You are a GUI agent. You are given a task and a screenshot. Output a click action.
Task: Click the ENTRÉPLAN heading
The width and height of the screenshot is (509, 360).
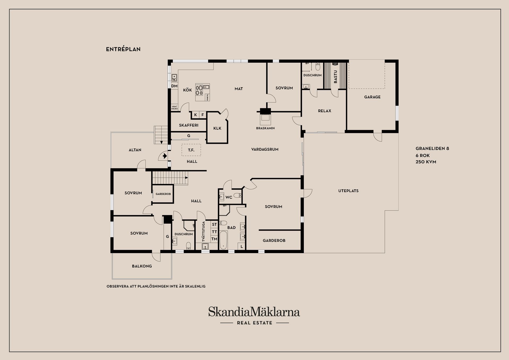(x=123, y=49)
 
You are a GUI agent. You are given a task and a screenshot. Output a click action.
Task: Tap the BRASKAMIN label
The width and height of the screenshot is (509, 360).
(x=265, y=128)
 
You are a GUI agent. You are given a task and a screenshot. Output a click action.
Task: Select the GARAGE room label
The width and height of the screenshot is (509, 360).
(x=372, y=97)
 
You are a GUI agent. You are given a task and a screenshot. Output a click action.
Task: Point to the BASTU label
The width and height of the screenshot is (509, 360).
(x=335, y=77)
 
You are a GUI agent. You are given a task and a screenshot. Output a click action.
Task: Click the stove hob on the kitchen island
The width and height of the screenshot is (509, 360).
(x=199, y=90)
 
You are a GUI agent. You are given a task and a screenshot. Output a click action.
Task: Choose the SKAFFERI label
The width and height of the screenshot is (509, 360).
(x=188, y=125)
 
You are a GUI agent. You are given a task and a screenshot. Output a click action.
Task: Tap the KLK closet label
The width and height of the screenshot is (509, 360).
(x=217, y=128)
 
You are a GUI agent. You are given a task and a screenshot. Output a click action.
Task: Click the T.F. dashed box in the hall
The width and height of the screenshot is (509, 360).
(x=191, y=150)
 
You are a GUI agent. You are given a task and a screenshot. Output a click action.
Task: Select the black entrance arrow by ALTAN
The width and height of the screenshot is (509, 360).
(x=165, y=156)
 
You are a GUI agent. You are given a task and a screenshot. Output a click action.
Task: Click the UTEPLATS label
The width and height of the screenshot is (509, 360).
(x=348, y=191)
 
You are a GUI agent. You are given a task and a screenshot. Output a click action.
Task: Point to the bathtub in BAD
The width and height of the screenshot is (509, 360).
(x=223, y=240)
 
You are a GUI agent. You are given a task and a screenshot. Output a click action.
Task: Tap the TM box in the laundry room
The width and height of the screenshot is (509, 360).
(x=214, y=239)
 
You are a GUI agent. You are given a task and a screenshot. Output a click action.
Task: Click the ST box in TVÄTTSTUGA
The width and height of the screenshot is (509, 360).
(x=214, y=224)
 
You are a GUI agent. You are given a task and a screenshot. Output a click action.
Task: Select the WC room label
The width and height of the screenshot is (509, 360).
(x=229, y=197)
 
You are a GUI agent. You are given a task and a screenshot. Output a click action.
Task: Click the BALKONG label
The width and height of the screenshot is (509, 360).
(x=142, y=266)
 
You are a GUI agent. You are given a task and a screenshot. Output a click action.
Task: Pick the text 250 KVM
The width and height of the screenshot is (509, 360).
(x=426, y=162)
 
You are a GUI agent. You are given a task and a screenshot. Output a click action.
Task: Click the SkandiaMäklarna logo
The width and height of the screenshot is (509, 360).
(x=254, y=312)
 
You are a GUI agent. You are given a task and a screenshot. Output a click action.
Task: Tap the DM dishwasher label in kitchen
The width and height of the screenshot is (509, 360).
(x=174, y=86)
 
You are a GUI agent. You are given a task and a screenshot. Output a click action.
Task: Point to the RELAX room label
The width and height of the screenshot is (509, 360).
(x=324, y=111)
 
